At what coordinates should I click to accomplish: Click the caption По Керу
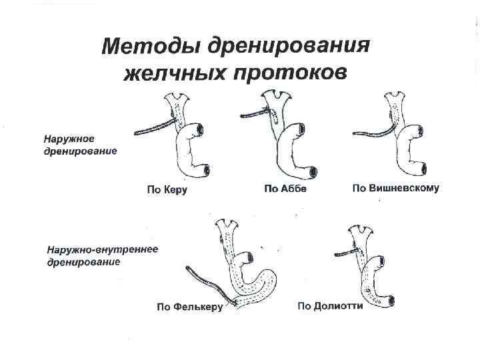click(167, 190)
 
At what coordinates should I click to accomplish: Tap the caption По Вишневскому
click(395, 189)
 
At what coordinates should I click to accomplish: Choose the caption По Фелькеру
click(189, 307)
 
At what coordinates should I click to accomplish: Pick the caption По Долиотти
click(330, 307)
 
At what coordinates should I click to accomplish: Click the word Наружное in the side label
click(69, 139)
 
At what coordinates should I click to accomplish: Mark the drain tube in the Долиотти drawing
click(343, 253)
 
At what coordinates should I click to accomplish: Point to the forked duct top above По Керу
click(177, 100)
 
